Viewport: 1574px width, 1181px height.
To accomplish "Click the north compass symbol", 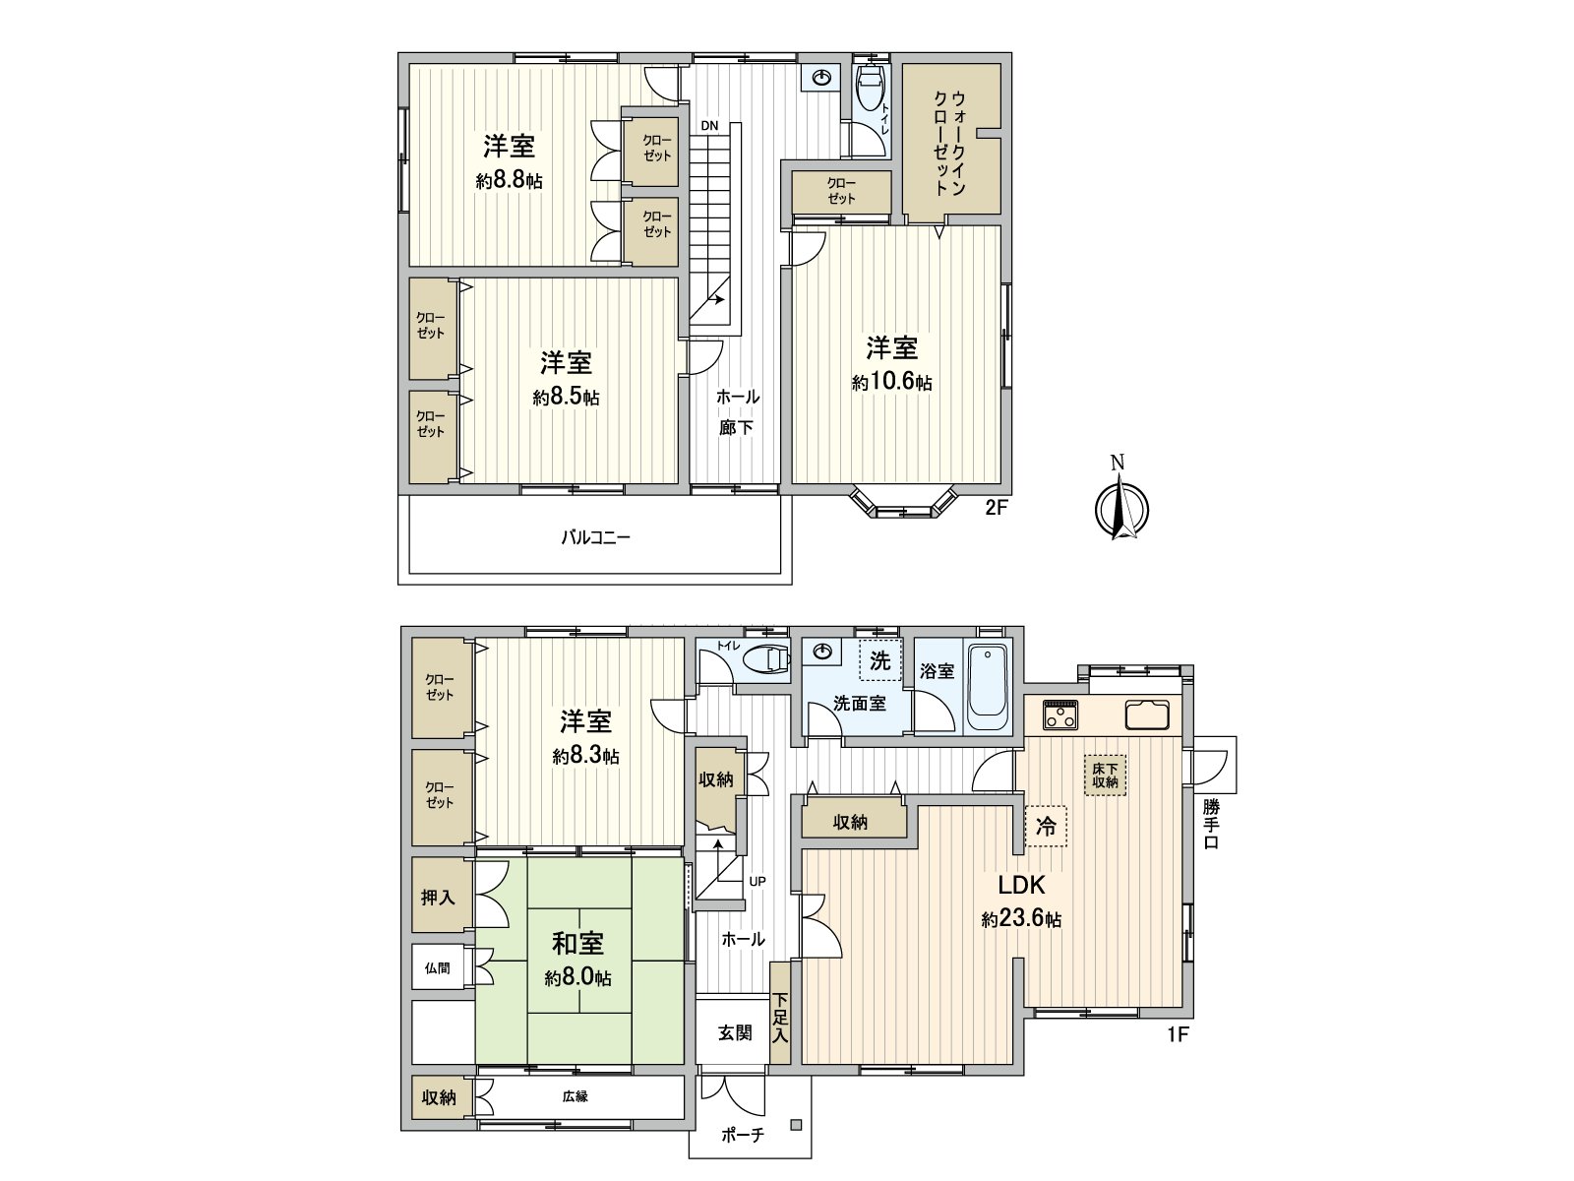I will coord(1121,507).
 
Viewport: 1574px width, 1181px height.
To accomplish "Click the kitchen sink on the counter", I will coord(1145,713).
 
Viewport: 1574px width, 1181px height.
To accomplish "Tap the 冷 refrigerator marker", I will coord(1046,828).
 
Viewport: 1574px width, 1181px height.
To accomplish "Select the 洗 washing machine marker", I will coord(879,661).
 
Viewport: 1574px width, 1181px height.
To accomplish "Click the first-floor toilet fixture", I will coord(766,658).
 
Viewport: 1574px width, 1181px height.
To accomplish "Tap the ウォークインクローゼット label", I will coord(950,143).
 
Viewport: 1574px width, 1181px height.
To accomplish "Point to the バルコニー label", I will coord(595,537).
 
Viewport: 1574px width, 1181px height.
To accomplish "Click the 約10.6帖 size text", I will coord(891,383).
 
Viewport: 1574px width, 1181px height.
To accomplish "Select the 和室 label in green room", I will coord(577,943).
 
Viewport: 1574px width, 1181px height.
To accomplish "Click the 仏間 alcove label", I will coord(438,968).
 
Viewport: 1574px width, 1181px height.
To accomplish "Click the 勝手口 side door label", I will coord(1211,824).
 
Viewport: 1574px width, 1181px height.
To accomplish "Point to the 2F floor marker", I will coord(998,509).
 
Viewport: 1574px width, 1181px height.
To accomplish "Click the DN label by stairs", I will coord(709,126).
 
